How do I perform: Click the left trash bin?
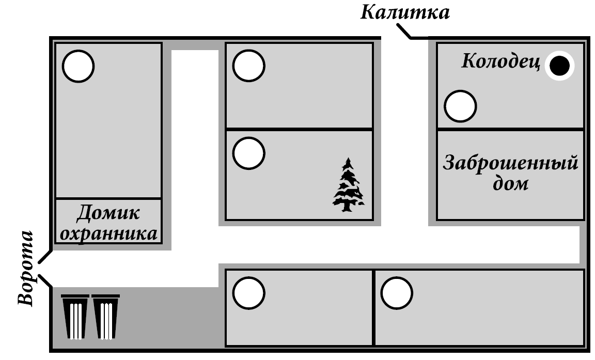75,316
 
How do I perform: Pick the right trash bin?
106,316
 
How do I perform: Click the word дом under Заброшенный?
510,183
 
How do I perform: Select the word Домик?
108,213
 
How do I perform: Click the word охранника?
108,233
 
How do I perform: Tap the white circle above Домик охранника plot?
79,66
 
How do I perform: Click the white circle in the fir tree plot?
248,153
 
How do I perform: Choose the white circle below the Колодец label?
460,106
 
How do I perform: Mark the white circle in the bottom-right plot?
397,292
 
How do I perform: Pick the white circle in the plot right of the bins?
248,292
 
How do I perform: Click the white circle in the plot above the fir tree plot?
248,66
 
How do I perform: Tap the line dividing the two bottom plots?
373,307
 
